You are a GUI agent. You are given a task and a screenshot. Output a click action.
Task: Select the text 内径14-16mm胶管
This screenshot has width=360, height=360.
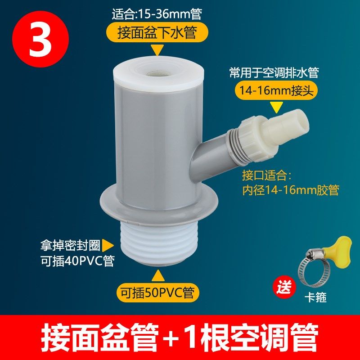click(290, 190)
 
